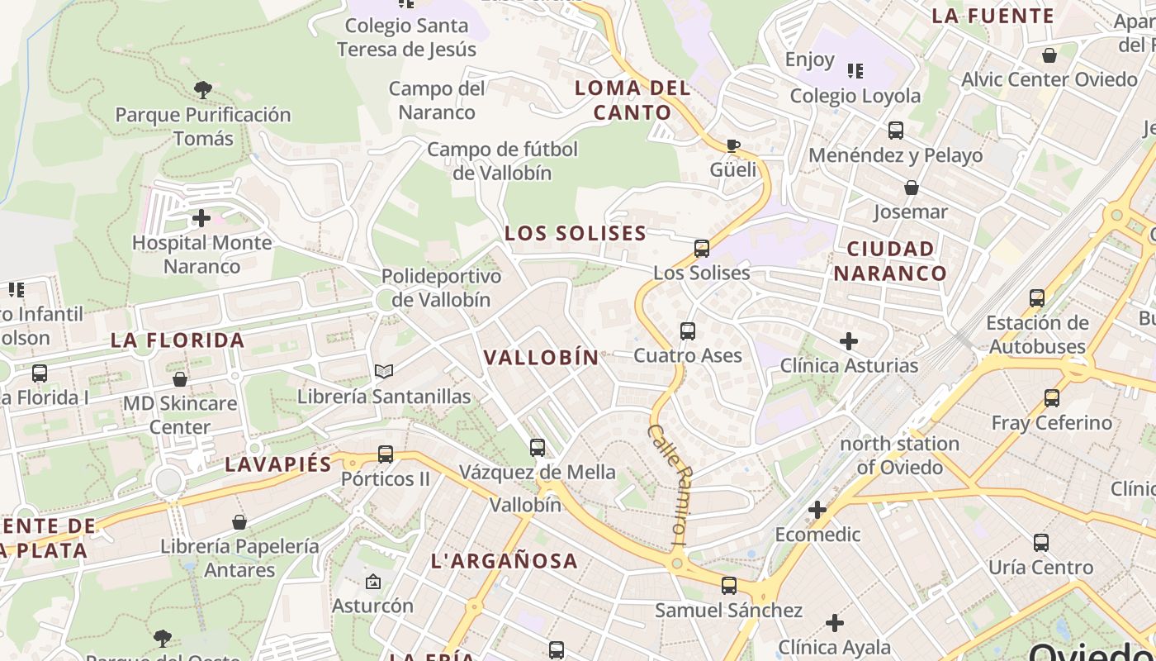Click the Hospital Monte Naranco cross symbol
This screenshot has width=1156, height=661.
[x=201, y=218]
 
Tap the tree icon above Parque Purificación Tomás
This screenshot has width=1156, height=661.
[x=202, y=89]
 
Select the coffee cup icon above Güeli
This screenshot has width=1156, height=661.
[x=732, y=146]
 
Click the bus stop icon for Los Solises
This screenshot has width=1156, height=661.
[x=701, y=248]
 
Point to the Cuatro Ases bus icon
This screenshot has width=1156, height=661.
[x=687, y=331]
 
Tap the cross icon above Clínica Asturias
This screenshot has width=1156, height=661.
[x=848, y=340]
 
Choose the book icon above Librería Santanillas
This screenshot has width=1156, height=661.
[x=383, y=372]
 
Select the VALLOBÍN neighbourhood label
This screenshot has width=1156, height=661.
[x=541, y=357]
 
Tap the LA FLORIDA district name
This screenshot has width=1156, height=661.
[x=178, y=340]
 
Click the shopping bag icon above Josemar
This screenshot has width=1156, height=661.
[x=911, y=188]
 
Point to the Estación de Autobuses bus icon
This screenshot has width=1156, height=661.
[x=1036, y=298]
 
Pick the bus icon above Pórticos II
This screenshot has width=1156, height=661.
[x=385, y=454]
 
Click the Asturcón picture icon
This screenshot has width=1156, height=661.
[x=372, y=582]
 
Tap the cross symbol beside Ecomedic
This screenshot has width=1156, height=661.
[x=817, y=510]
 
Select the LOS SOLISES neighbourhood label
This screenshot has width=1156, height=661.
[x=576, y=233]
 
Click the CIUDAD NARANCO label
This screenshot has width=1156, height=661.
[x=890, y=260]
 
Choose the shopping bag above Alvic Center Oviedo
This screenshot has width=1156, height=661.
[x=1049, y=55]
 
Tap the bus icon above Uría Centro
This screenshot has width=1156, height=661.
[x=1040, y=543]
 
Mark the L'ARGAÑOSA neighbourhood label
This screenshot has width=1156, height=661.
[x=504, y=560]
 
